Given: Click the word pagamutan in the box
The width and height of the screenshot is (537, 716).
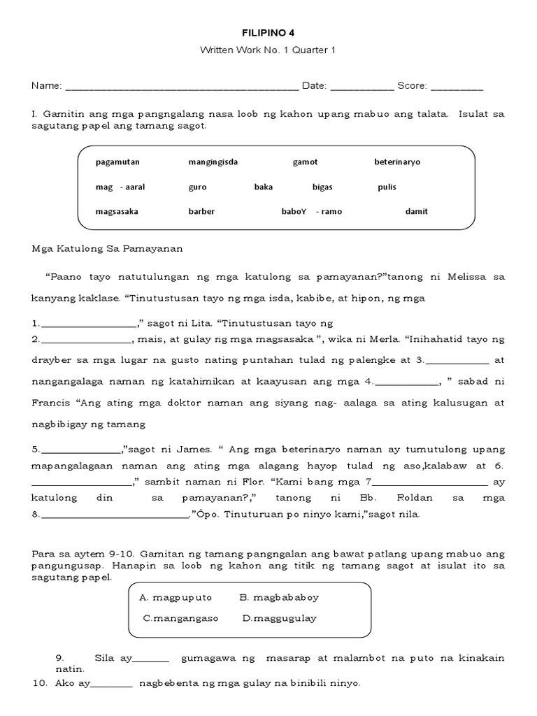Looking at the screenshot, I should [x=118, y=162].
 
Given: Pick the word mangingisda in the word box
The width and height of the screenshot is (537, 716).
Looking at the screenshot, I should [x=213, y=162].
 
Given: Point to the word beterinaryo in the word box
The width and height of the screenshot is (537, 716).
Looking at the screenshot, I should [x=397, y=162].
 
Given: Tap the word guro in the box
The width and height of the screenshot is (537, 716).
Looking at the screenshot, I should [x=198, y=187].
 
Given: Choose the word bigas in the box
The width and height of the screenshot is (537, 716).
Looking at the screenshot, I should [x=322, y=187].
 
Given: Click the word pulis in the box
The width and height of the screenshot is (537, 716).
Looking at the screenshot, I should [x=387, y=187].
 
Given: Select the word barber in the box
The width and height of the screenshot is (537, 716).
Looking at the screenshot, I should [x=201, y=211].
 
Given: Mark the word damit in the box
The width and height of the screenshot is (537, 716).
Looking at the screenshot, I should [x=417, y=211].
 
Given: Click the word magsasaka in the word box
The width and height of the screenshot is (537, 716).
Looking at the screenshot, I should [x=117, y=211].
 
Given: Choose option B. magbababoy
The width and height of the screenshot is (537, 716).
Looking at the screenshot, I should [x=279, y=598].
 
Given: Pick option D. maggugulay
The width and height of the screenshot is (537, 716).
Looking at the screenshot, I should [x=279, y=618].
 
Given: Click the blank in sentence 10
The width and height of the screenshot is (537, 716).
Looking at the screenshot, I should [x=111, y=685].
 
